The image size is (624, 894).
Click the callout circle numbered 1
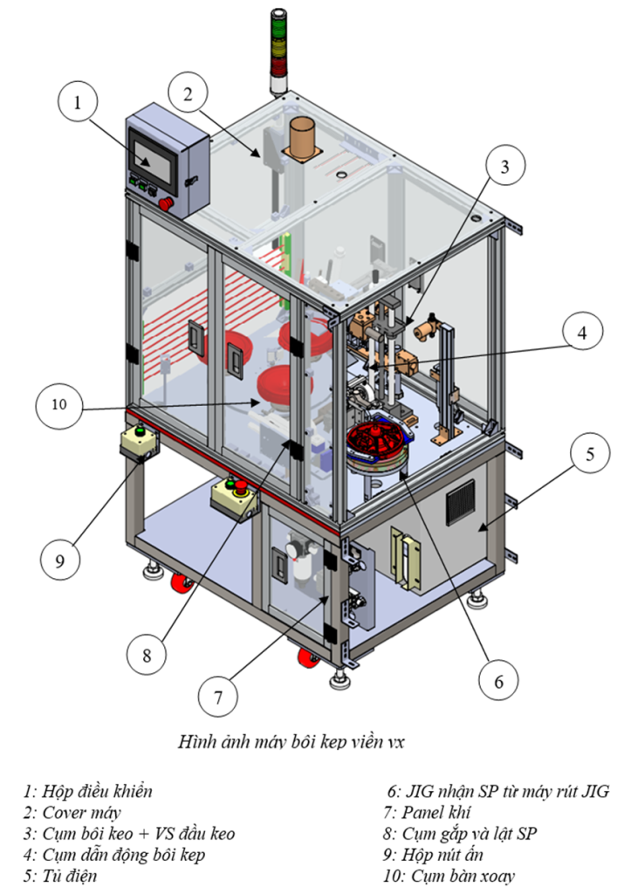tap(78, 103)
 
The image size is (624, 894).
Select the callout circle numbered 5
tap(590, 454)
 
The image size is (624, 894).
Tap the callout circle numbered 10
tap(58, 406)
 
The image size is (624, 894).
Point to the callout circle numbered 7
tap(217, 697)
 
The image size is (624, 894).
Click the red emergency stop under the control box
tap(168, 205)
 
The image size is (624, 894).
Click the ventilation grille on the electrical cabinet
tap(461, 501)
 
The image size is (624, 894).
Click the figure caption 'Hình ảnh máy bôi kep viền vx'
tap(291, 743)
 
